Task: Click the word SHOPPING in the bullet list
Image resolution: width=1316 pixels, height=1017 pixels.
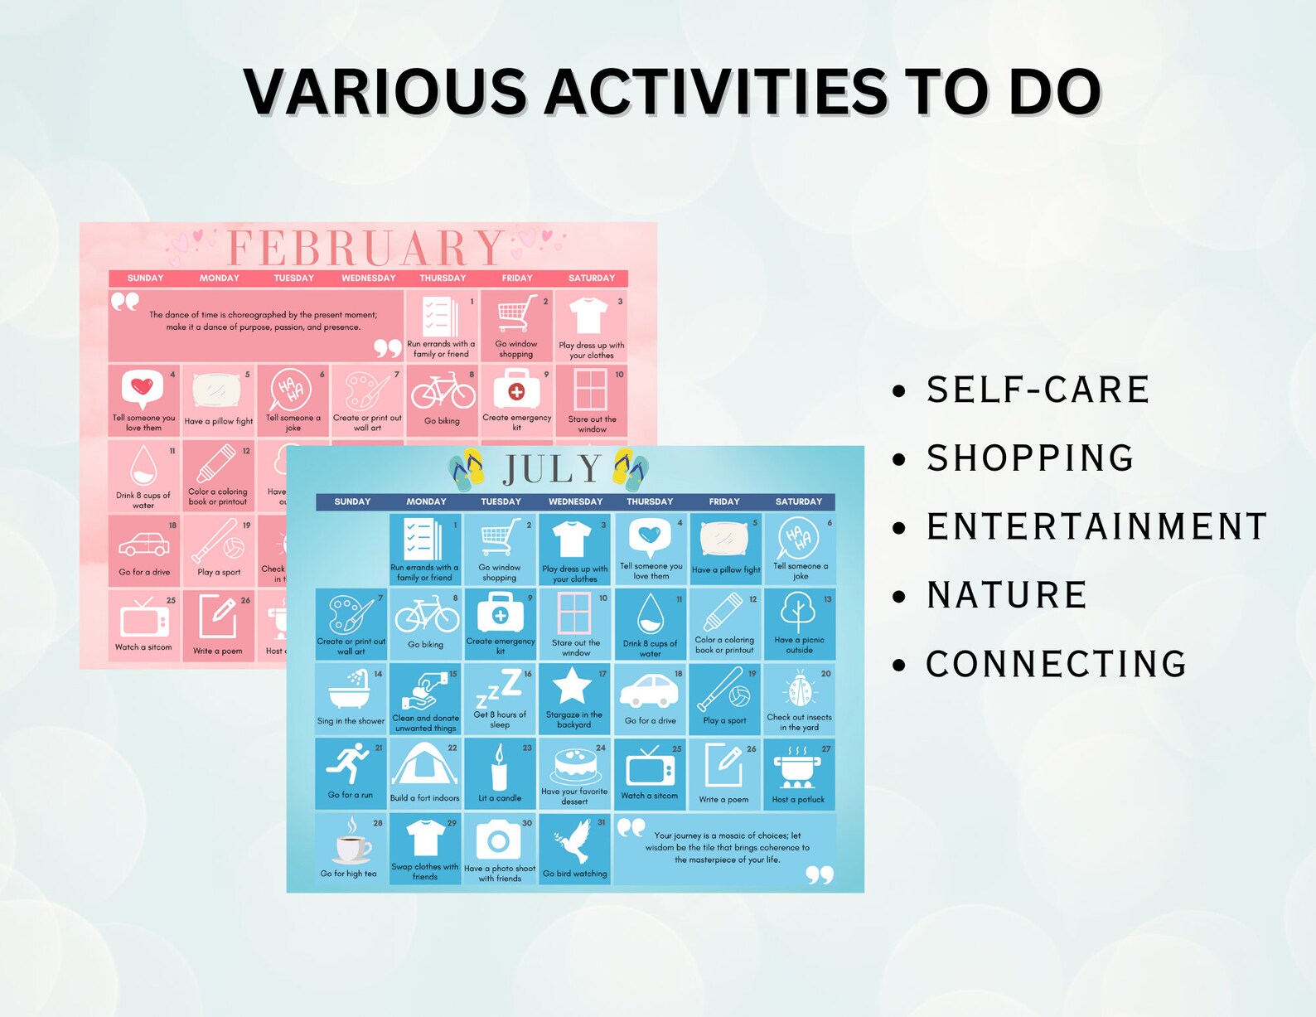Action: (1030, 458)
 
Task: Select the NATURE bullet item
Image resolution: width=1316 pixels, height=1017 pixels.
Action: (1006, 595)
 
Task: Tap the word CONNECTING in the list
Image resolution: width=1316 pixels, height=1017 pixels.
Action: (1056, 664)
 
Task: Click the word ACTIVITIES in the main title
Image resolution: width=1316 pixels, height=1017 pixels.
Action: (716, 91)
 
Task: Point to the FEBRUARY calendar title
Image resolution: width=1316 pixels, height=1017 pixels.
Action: (365, 247)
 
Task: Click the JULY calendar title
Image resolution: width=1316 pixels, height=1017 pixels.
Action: (551, 470)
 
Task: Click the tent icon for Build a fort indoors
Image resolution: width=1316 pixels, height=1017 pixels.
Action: (424, 764)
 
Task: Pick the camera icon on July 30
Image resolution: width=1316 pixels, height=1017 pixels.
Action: (498, 840)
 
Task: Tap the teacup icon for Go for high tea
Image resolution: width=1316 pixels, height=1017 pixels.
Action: (351, 845)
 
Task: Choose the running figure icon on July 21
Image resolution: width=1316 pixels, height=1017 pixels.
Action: (349, 763)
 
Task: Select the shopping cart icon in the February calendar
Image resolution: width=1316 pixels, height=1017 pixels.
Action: (515, 315)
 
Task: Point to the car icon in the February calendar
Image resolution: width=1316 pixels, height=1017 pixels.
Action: (143, 545)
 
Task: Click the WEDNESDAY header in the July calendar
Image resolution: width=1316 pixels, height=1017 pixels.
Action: (575, 501)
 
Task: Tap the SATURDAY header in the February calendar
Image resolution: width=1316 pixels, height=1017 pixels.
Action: (592, 278)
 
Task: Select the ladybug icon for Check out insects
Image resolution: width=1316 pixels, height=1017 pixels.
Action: (799, 690)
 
